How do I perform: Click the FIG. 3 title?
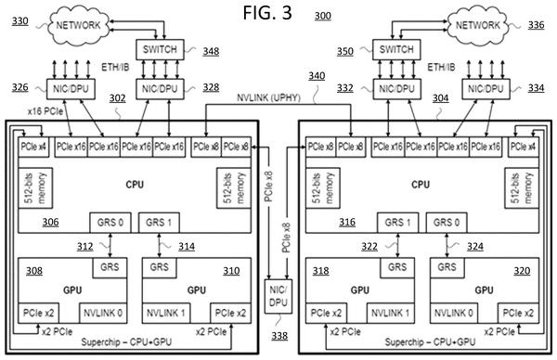coord(267,12)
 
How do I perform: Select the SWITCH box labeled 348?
coord(160,49)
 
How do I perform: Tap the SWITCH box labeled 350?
coord(396,49)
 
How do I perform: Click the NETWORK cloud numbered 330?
coord(78,25)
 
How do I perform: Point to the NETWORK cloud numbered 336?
coord(478,25)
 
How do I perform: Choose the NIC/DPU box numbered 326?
coord(71,89)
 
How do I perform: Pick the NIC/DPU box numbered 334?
coord(486,89)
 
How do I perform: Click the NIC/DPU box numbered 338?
coord(278,296)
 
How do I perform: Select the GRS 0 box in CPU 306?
coord(110,223)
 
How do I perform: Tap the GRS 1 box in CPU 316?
coord(398,223)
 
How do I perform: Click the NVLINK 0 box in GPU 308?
coord(103,313)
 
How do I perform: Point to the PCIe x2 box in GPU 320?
coord(518,313)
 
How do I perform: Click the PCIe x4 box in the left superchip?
coord(33,147)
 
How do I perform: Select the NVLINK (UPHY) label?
coord(268,97)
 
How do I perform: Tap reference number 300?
coord(322,16)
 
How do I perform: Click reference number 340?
coord(317,76)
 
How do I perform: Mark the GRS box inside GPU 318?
coord(397,267)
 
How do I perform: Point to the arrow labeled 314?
coord(159,245)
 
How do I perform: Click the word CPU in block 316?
coord(421,185)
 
